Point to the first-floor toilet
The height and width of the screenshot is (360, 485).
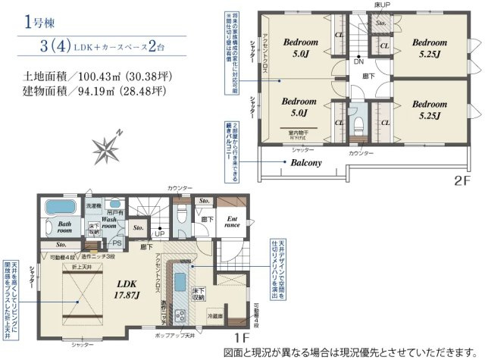point(179,217)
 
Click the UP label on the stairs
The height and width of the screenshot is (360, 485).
point(160,233)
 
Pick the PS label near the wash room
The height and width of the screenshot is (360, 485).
point(117,243)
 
